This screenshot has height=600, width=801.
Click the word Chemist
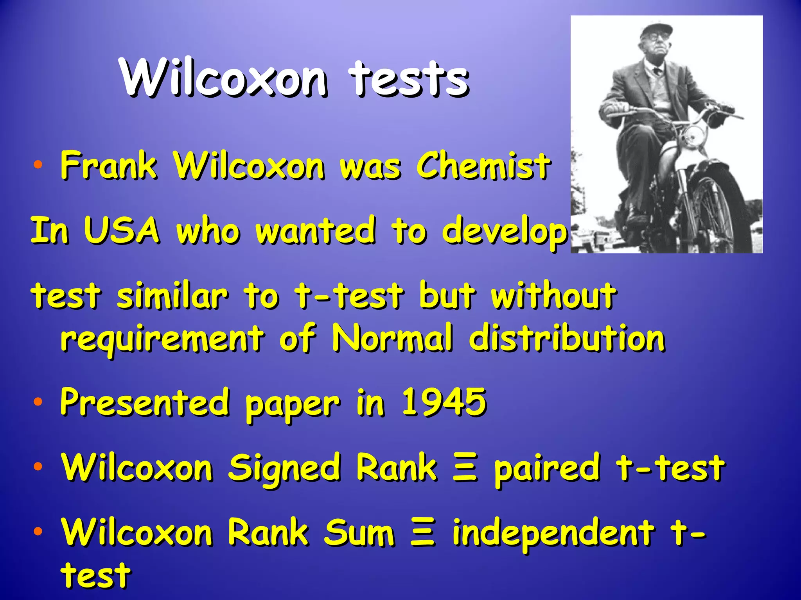point(483,166)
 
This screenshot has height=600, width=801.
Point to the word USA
point(122,230)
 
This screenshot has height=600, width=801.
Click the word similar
point(172,295)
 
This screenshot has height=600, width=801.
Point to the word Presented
point(145,402)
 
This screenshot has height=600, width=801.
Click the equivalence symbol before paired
point(465,468)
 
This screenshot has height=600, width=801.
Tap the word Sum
point(359,533)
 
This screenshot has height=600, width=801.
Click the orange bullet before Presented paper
point(38,402)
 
